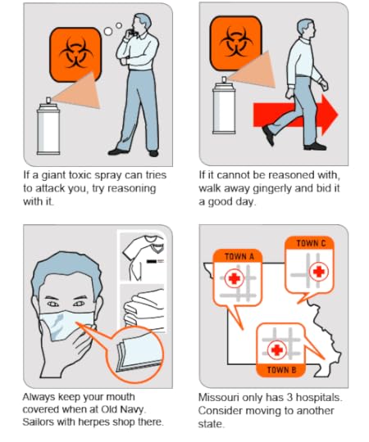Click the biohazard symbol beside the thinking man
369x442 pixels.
[75, 53]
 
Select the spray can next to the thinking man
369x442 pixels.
[48, 126]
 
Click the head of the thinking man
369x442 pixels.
[141, 23]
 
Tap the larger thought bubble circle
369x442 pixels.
[108, 31]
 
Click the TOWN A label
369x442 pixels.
[239, 256]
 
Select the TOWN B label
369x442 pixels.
[281, 370]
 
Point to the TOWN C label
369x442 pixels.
[311, 243]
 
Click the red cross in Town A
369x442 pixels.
[234, 278]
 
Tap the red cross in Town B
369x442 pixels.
[276, 350]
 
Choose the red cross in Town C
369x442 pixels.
[319, 272]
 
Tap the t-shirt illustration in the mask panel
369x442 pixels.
[143, 255]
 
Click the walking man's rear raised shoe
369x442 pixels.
[268, 136]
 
